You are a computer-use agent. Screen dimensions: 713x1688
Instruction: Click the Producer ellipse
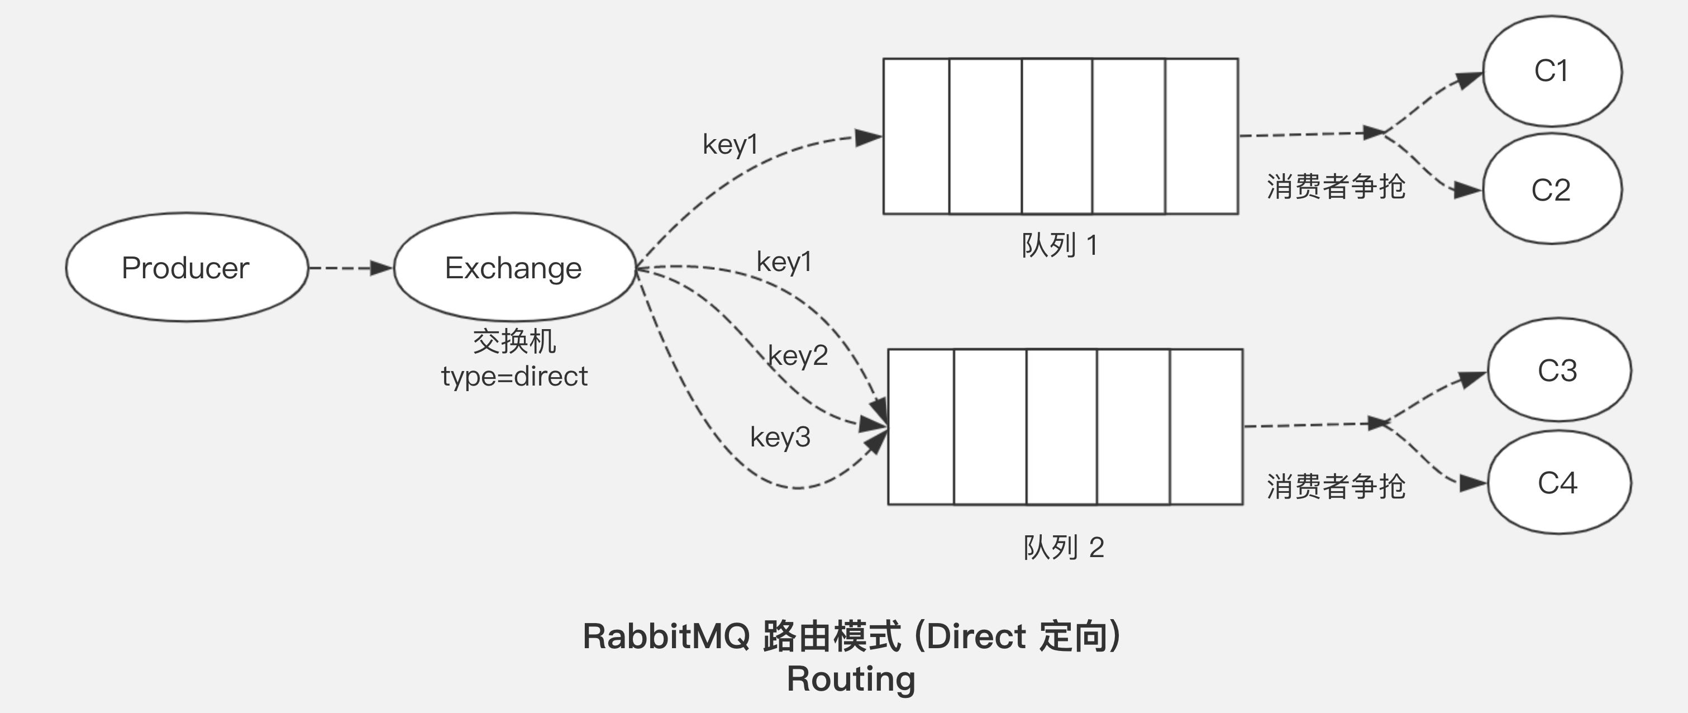(187, 267)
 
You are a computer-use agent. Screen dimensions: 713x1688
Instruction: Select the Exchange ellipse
(514, 267)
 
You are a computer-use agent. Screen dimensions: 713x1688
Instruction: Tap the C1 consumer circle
(1552, 71)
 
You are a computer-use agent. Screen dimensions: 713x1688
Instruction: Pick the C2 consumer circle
(1552, 190)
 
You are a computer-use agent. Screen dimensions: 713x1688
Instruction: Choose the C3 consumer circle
(1558, 370)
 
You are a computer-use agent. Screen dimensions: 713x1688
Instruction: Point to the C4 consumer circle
(1558, 483)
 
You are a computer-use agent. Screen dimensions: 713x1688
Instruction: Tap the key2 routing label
(798, 356)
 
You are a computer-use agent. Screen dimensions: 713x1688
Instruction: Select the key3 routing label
(780, 437)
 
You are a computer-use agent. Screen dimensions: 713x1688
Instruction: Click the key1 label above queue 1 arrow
(730, 144)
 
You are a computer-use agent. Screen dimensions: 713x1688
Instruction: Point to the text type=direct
(514, 376)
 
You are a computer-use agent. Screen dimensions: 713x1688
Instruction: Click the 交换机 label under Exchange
(514, 341)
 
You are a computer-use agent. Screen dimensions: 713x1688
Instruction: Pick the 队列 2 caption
(1064, 548)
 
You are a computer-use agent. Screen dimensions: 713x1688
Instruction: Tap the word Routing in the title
(851, 679)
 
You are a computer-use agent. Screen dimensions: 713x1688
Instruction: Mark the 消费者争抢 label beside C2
(1336, 187)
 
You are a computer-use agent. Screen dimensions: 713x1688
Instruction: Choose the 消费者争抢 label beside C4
(1336, 486)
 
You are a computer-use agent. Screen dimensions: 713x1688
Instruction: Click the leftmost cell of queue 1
(916, 136)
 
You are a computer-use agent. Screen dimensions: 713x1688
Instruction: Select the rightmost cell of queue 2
(1206, 426)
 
